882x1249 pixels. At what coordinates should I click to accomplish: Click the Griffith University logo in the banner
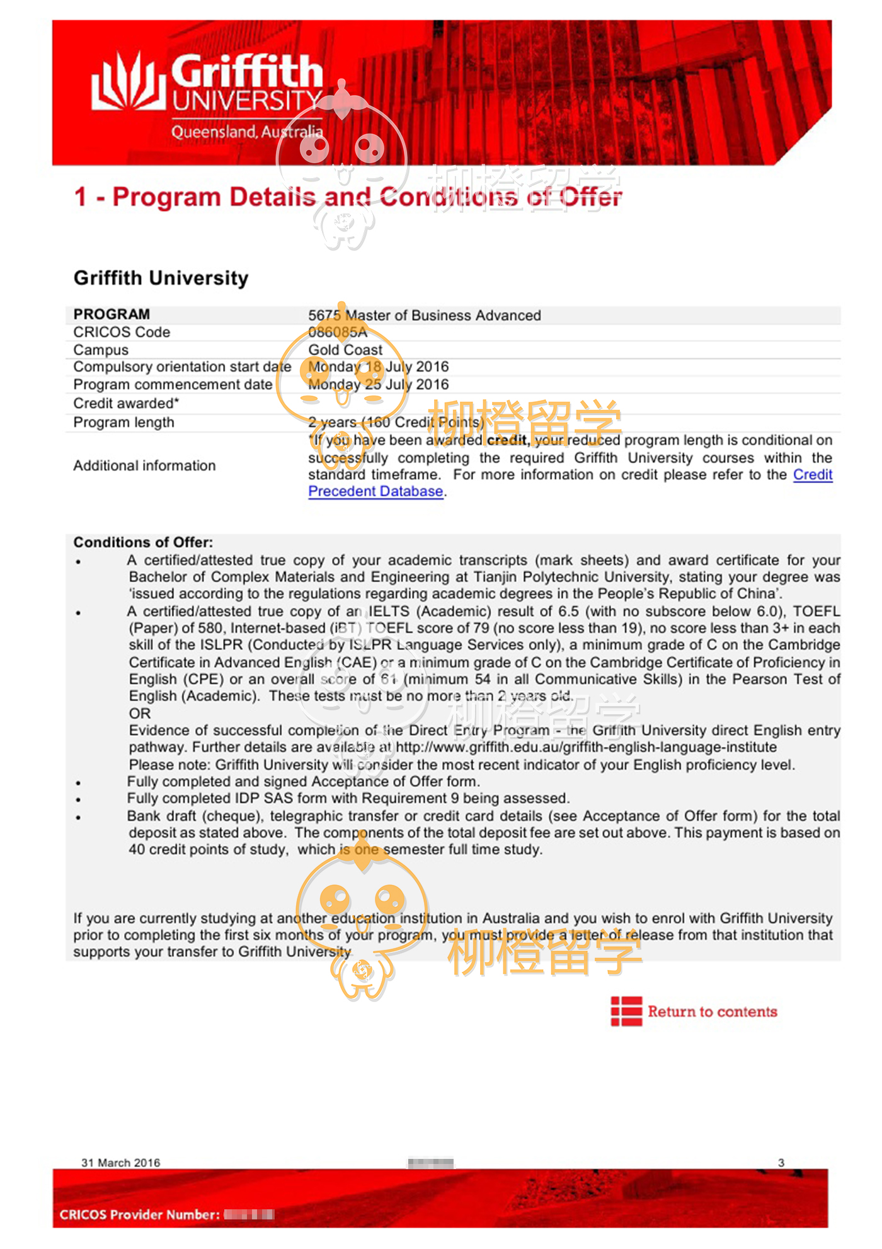point(208,94)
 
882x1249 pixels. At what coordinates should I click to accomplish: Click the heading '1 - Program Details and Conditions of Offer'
point(348,197)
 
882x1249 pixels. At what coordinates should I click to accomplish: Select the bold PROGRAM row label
point(112,314)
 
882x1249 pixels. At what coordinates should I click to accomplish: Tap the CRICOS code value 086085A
point(338,332)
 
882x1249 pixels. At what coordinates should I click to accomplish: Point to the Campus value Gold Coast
point(345,350)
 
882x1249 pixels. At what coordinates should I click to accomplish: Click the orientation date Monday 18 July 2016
point(378,367)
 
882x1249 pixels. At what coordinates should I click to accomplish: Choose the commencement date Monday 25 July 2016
point(378,384)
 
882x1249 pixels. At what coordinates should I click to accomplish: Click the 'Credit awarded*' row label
point(126,403)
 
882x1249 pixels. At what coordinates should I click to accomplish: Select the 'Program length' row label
point(123,422)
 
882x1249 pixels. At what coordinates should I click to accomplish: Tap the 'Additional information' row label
point(144,465)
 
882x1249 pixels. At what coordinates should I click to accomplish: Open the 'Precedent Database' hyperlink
point(375,491)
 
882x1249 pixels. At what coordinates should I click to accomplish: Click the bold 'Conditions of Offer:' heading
point(143,542)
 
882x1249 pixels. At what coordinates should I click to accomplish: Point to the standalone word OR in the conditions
point(140,714)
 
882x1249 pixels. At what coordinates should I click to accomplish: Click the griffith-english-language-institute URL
point(586,748)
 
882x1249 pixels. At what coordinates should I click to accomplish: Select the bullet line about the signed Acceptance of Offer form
point(303,782)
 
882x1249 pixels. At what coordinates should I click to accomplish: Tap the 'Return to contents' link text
point(713,1012)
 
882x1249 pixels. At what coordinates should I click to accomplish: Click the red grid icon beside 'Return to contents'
point(626,1011)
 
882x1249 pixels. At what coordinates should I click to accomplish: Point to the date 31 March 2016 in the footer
point(120,1163)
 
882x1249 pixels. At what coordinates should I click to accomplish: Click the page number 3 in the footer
point(781,1163)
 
